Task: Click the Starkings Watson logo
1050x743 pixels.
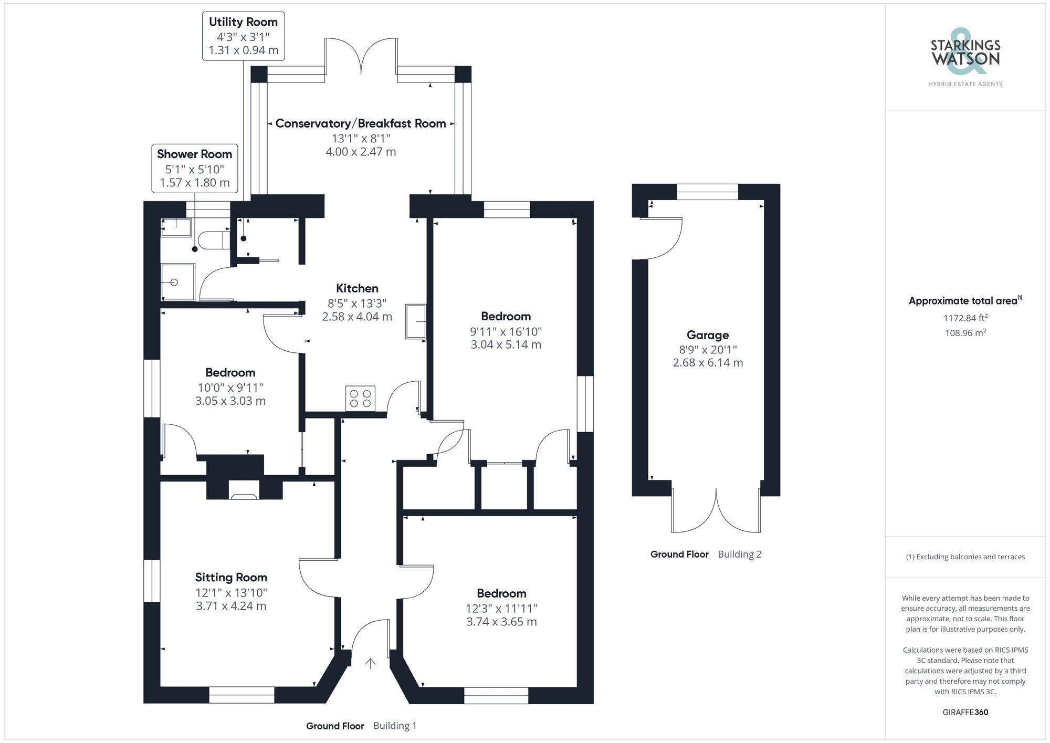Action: coord(965,58)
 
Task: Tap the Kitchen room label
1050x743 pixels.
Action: coord(357,288)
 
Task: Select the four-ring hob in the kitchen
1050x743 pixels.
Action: coord(361,399)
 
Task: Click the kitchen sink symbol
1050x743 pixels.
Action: coord(416,321)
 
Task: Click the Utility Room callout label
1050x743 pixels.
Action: coord(244,36)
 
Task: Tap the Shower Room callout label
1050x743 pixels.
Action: coord(195,169)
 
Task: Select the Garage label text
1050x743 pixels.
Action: coord(708,335)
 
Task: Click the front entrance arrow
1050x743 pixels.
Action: coord(371,664)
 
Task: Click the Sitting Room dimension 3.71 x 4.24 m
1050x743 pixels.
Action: coord(231,606)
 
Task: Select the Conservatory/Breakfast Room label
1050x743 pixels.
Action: coord(361,123)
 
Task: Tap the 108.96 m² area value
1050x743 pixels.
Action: coord(965,332)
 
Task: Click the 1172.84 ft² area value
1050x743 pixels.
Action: coord(965,318)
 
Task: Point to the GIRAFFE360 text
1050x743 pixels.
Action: coord(965,713)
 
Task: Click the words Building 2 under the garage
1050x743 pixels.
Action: coord(740,554)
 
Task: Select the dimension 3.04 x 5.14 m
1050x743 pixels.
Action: coord(506,344)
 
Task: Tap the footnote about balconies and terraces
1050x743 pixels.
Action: coord(965,557)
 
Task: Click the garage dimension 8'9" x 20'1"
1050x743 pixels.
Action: coord(708,350)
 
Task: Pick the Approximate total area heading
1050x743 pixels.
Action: coord(965,301)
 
